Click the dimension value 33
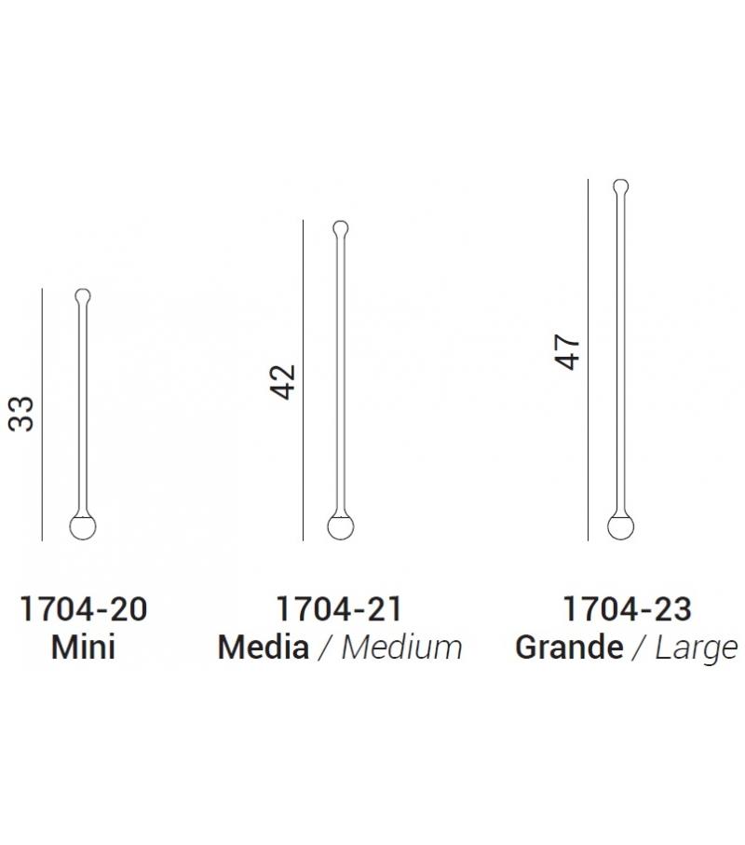(x=21, y=414)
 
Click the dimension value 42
(x=283, y=382)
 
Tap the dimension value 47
(x=567, y=352)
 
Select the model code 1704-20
(x=84, y=609)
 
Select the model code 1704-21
(x=339, y=609)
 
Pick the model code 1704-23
(x=627, y=609)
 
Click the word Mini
(x=84, y=647)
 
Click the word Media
(x=264, y=647)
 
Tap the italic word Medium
(x=402, y=647)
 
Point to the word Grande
(x=569, y=647)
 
